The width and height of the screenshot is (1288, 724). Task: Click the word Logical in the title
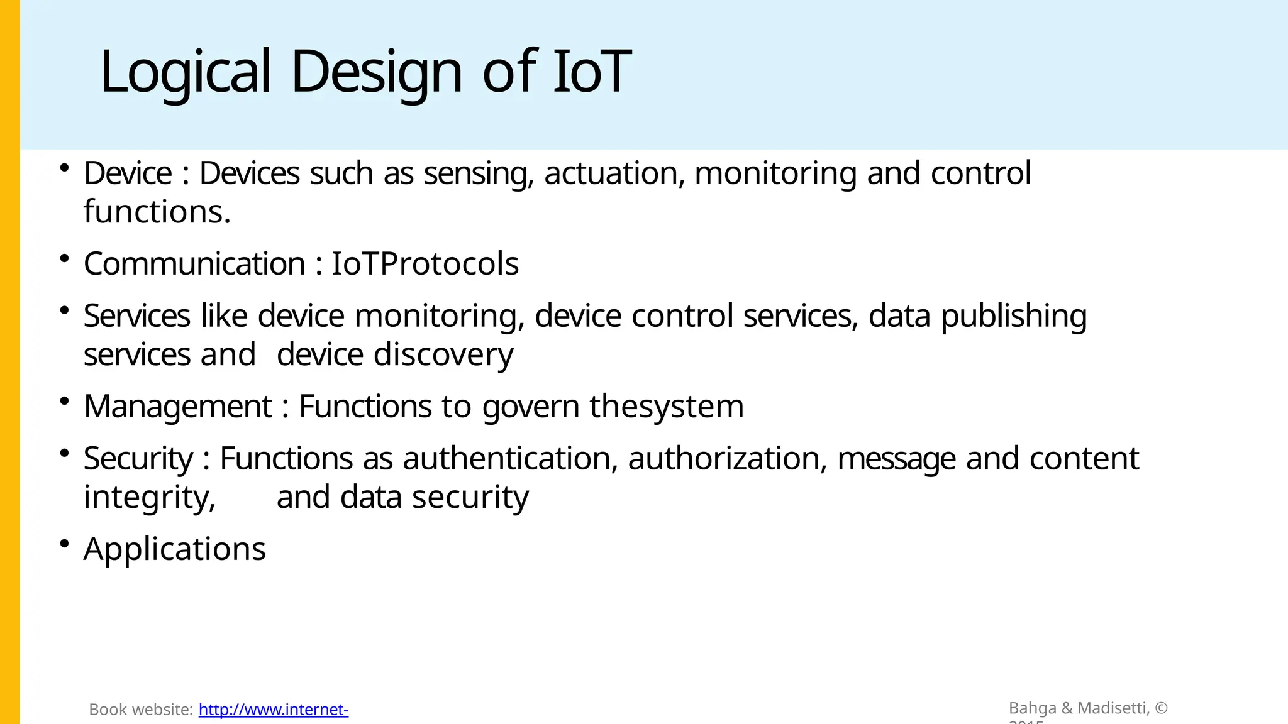(x=185, y=72)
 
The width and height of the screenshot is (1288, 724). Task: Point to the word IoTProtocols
(x=425, y=263)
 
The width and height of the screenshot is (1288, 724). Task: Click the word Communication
(x=194, y=263)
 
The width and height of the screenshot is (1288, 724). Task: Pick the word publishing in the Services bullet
(x=1014, y=316)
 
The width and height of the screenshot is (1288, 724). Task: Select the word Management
(x=178, y=407)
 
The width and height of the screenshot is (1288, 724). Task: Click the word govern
(x=531, y=407)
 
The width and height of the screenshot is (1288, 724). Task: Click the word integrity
(x=150, y=497)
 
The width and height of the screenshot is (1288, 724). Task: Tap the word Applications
(x=175, y=549)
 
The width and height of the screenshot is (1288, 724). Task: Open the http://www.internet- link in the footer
(x=274, y=710)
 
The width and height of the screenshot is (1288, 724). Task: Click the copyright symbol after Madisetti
(x=1161, y=708)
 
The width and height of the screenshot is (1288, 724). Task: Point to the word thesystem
(x=667, y=407)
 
